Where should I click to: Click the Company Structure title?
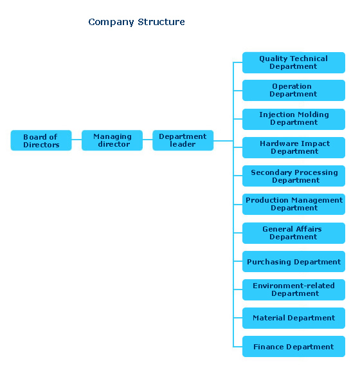[136, 22]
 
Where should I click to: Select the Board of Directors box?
[41, 140]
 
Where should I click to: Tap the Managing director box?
[112, 140]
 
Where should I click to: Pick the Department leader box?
[183, 140]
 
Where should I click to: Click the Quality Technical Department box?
[294, 62]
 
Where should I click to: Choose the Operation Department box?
[294, 90]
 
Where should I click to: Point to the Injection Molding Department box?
[294, 119]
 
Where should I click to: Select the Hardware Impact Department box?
[294, 147]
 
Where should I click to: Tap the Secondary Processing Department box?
[294, 176]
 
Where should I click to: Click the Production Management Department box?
[294, 204]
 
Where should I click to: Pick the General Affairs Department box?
[294, 233]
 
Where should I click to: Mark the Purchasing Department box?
[294, 261]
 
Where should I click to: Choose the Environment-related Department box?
[294, 289]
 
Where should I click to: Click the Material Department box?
[294, 318]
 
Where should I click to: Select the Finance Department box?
[294, 346]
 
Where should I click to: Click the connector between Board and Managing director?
[76, 140]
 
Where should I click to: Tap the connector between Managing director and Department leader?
[147, 140]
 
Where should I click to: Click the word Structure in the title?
[161, 22]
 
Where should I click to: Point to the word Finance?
[269, 347]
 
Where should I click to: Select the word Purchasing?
[269, 262]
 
